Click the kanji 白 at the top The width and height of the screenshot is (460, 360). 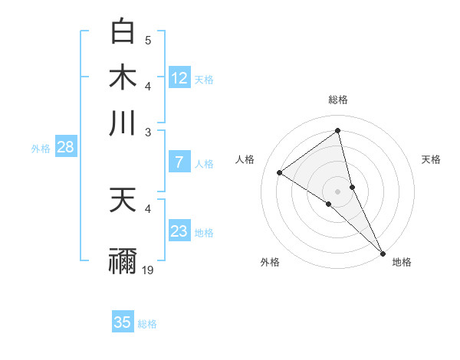(x=123, y=31)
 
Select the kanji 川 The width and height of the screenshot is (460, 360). (x=123, y=123)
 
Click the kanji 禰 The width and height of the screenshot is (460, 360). (x=123, y=260)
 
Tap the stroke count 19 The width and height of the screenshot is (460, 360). (x=149, y=270)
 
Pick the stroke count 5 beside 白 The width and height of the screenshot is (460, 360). (x=148, y=40)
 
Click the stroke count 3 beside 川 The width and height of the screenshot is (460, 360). (x=148, y=132)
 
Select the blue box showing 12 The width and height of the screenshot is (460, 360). (x=179, y=77)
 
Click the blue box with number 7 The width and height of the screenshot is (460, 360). (x=179, y=162)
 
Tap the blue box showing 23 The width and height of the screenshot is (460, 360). (x=179, y=231)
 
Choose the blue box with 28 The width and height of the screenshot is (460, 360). (x=65, y=148)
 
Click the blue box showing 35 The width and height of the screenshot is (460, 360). (x=123, y=322)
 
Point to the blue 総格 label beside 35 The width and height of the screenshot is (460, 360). (x=147, y=323)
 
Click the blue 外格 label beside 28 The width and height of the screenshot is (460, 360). (x=41, y=149)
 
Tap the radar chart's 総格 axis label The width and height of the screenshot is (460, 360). (x=338, y=100)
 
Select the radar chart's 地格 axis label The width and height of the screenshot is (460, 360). (x=402, y=262)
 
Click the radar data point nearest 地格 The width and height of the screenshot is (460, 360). (x=383, y=254)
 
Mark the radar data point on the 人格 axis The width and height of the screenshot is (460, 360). (x=280, y=172)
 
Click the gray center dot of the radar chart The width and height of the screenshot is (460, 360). (x=338, y=191)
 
